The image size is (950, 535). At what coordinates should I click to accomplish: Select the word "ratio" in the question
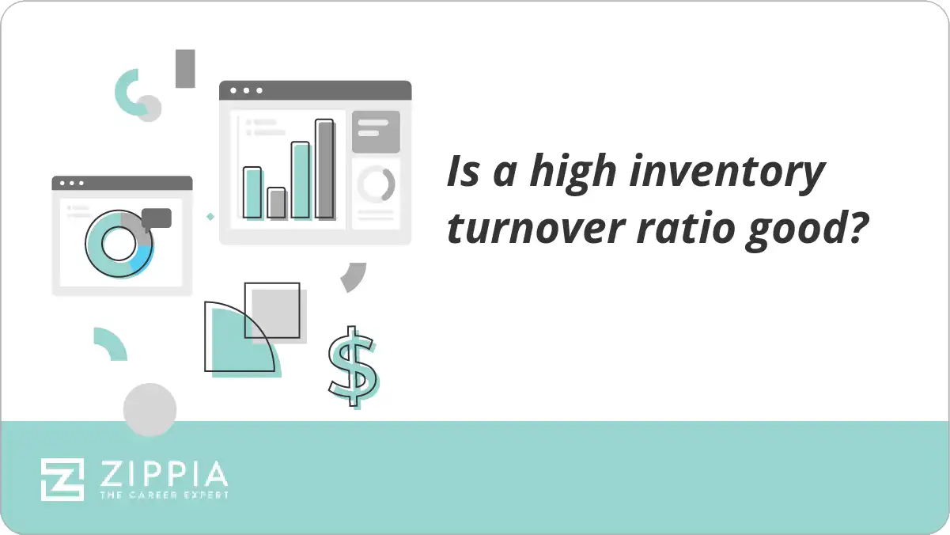pos(695,230)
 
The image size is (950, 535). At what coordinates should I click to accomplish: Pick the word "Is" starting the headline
pos(463,173)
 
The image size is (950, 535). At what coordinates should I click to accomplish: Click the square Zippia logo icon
pos(62,479)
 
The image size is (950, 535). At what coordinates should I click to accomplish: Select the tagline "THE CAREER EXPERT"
pos(164,495)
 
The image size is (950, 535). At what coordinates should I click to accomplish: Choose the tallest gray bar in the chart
pos(324,169)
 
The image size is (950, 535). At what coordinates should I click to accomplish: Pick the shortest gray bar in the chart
pos(276,203)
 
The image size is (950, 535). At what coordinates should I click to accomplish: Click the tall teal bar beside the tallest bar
pos(301,180)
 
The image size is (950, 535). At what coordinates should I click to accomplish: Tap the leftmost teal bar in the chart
pos(252,192)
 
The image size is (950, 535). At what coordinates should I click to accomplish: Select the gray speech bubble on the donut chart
pos(157,218)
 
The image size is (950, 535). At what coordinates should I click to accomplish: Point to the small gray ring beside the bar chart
pos(376,184)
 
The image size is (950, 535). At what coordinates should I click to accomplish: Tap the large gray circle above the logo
pos(150,409)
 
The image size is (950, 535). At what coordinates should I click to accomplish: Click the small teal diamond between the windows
pos(210,216)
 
